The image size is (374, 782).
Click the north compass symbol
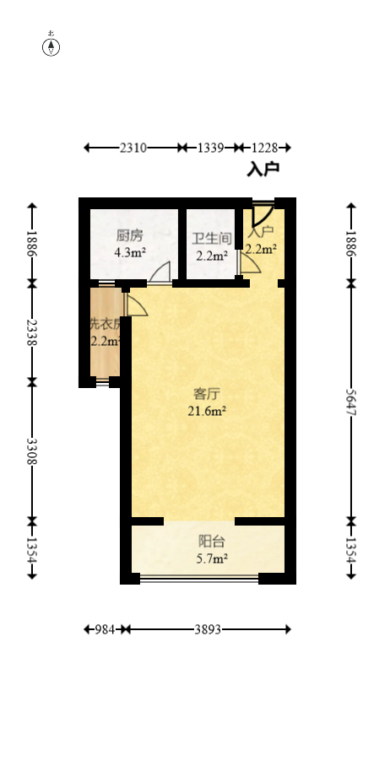(x=51, y=46)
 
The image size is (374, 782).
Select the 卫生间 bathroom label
(x=210, y=239)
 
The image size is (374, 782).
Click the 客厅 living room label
(x=207, y=394)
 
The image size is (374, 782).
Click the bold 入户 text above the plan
(x=263, y=170)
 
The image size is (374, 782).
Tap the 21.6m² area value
(x=207, y=411)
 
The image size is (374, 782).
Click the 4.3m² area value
(x=130, y=251)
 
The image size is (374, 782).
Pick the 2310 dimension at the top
(x=133, y=148)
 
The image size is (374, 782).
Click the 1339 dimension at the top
(x=210, y=148)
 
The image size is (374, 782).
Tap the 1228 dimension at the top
(x=263, y=148)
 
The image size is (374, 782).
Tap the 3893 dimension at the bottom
(x=209, y=629)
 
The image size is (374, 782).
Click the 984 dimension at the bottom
(x=105, y=629)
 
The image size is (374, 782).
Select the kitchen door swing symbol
(x=160, y=272)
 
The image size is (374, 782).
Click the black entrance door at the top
(x=261, y=211)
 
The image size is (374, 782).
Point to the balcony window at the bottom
(x=199, y=579)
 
